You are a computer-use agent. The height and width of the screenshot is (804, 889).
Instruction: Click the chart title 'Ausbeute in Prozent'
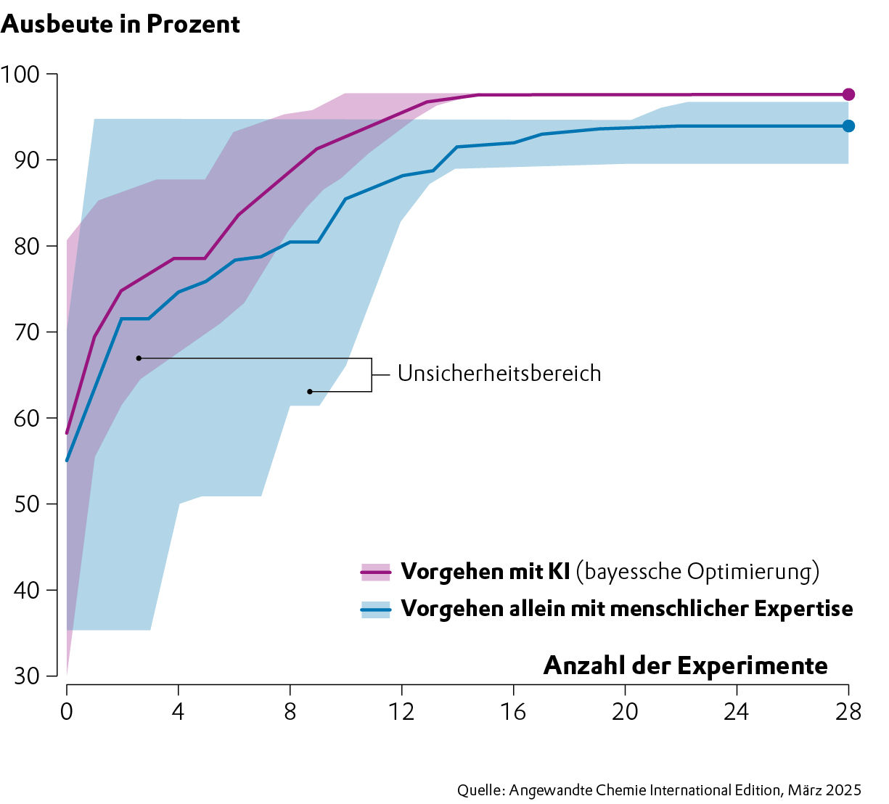[120, 24]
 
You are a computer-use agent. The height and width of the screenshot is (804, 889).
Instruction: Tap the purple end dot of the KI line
[848, 94]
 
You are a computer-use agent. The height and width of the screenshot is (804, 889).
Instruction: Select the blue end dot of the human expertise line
[848, 126]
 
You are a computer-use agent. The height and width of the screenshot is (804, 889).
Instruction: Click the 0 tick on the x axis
[67, 710]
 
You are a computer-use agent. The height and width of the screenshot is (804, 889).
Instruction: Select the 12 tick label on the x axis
[401, 710]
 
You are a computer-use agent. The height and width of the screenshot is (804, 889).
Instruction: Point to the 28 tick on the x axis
[848, 710]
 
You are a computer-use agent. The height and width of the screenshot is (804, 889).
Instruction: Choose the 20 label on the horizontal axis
[624, 710]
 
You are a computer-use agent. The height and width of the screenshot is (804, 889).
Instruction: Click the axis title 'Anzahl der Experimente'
[685, 665]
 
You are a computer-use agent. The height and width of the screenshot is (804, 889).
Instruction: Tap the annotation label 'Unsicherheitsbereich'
[499, 374]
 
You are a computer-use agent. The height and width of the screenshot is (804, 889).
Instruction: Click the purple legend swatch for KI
[375, 572]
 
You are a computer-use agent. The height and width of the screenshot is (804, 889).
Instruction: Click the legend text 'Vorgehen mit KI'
[485, 572]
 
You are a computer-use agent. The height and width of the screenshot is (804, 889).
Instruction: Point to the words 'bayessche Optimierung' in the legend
[697, 572]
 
